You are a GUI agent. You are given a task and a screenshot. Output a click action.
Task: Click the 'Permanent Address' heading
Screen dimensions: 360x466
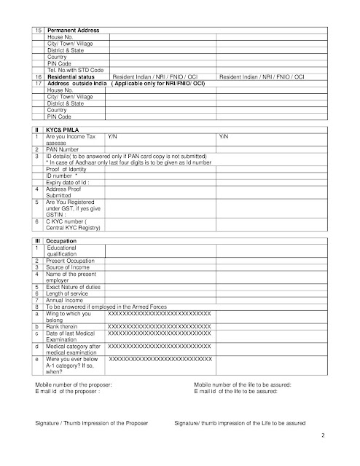point(73,30)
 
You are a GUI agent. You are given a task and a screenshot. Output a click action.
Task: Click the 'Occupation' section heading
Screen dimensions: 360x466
point(62,240)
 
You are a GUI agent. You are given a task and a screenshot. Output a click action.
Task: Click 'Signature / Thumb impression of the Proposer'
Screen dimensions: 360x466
point(91,422)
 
